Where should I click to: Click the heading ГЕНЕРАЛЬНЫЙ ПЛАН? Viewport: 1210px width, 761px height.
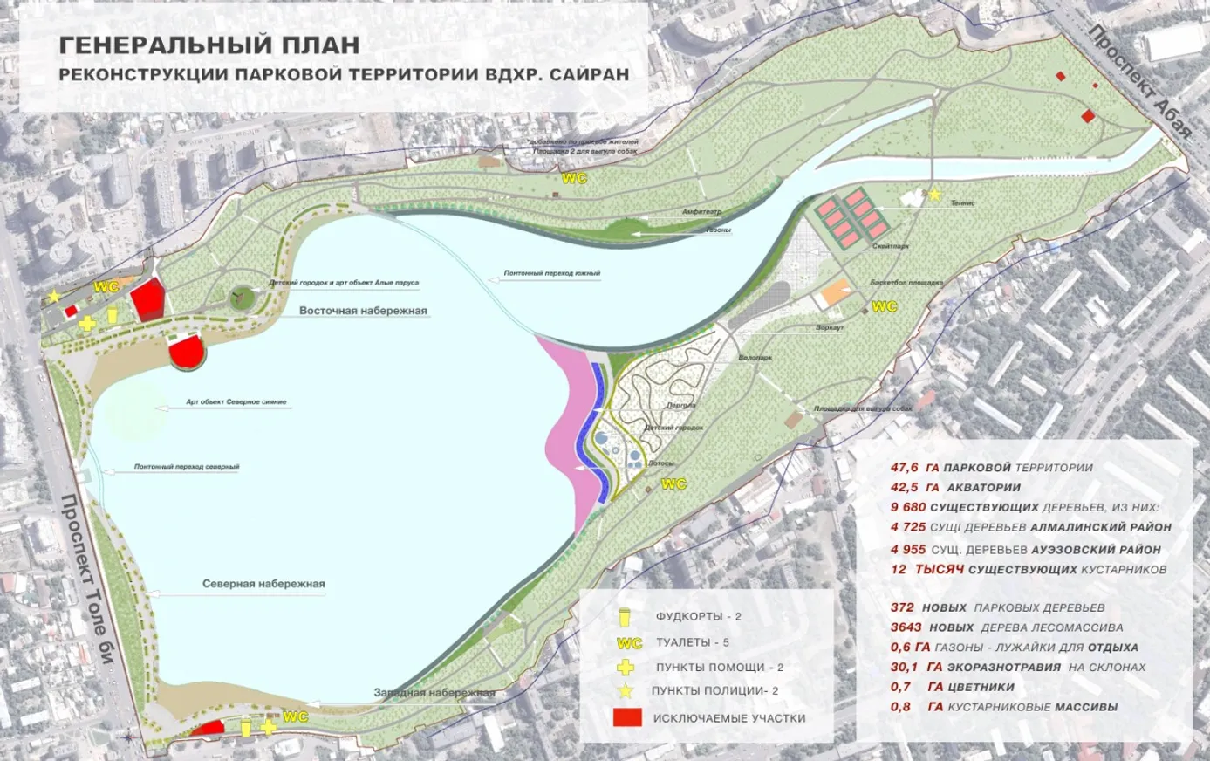point(209,45)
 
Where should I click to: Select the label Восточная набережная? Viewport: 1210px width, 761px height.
point(363,311)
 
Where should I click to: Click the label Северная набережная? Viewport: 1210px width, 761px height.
point(263,584)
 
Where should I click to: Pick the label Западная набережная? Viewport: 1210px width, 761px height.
point(434,693)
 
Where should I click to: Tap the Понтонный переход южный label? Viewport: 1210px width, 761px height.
point(552,274)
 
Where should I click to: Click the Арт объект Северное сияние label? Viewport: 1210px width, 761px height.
point(236,402)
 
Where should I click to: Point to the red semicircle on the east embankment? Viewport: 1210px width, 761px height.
point(186,353)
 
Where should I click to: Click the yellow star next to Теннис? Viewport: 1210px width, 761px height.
point(935,195)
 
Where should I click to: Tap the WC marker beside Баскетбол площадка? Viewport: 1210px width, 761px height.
point(884,306)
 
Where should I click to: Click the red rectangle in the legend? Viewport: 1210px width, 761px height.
point(627,717)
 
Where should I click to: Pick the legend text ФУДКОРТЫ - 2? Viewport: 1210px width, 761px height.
point(698,616)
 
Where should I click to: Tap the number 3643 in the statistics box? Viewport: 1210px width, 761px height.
point(906,627)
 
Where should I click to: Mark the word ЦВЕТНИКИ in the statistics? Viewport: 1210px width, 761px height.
point(981,687)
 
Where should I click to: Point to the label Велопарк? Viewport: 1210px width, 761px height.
point(755,358)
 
